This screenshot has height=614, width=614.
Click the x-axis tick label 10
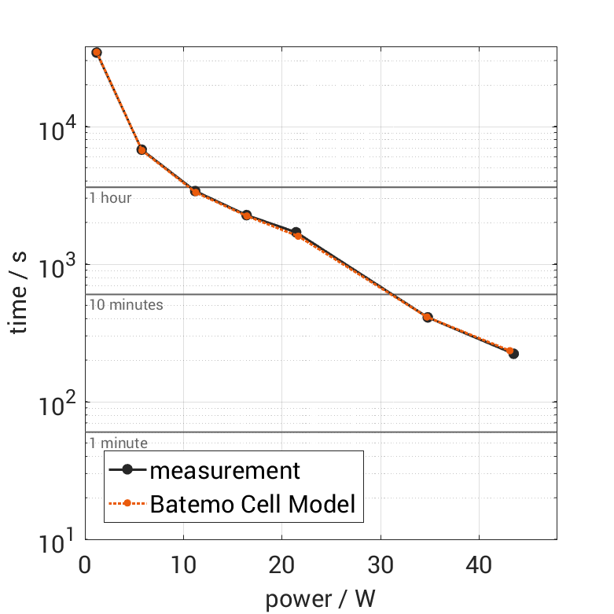[183, 564]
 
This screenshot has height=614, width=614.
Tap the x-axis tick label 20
[282, 564]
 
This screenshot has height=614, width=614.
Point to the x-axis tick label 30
[381, 564]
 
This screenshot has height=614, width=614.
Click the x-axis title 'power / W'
[320, 599]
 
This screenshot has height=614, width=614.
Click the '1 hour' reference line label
[110, 198]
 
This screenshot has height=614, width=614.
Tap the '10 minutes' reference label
[126, 305]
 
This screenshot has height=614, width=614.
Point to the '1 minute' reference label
[118, 443]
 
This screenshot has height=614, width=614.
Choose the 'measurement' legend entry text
[225, 470]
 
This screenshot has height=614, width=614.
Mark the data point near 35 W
[428, 318]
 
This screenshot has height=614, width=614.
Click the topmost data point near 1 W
[97, 53]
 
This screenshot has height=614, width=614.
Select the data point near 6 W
[142, 149]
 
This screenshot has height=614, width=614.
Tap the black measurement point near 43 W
[513, 354]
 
